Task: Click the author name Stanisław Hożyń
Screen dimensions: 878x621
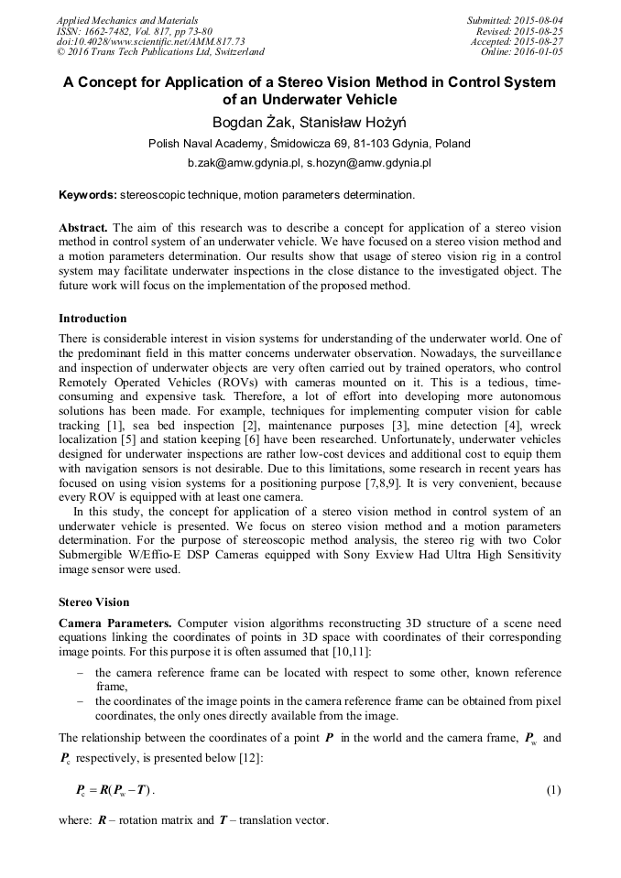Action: (357, 122)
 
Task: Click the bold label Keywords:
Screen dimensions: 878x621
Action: (87, 195)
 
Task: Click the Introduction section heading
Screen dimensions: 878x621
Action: (93, 319)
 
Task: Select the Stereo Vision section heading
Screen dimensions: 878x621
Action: (93, 602)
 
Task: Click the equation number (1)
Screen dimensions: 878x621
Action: (553, 789)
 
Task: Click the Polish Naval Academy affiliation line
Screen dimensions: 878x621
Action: (310, 144)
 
